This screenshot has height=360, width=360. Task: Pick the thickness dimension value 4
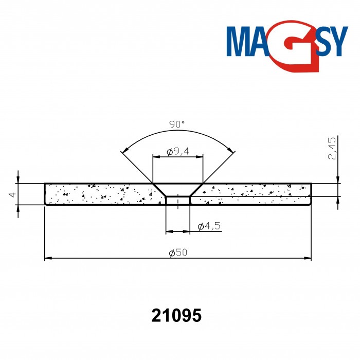(x=11, y=194)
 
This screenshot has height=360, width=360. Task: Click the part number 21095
(x=176, y=315)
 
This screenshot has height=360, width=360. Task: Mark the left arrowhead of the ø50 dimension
(x=48, y=258)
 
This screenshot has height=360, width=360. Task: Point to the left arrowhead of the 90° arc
(x=123, y=151)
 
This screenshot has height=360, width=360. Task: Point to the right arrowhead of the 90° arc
(x=232, y=151)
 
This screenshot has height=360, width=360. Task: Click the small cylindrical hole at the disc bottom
(x=178, y=200)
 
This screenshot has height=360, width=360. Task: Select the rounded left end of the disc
(x=46, y=194)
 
